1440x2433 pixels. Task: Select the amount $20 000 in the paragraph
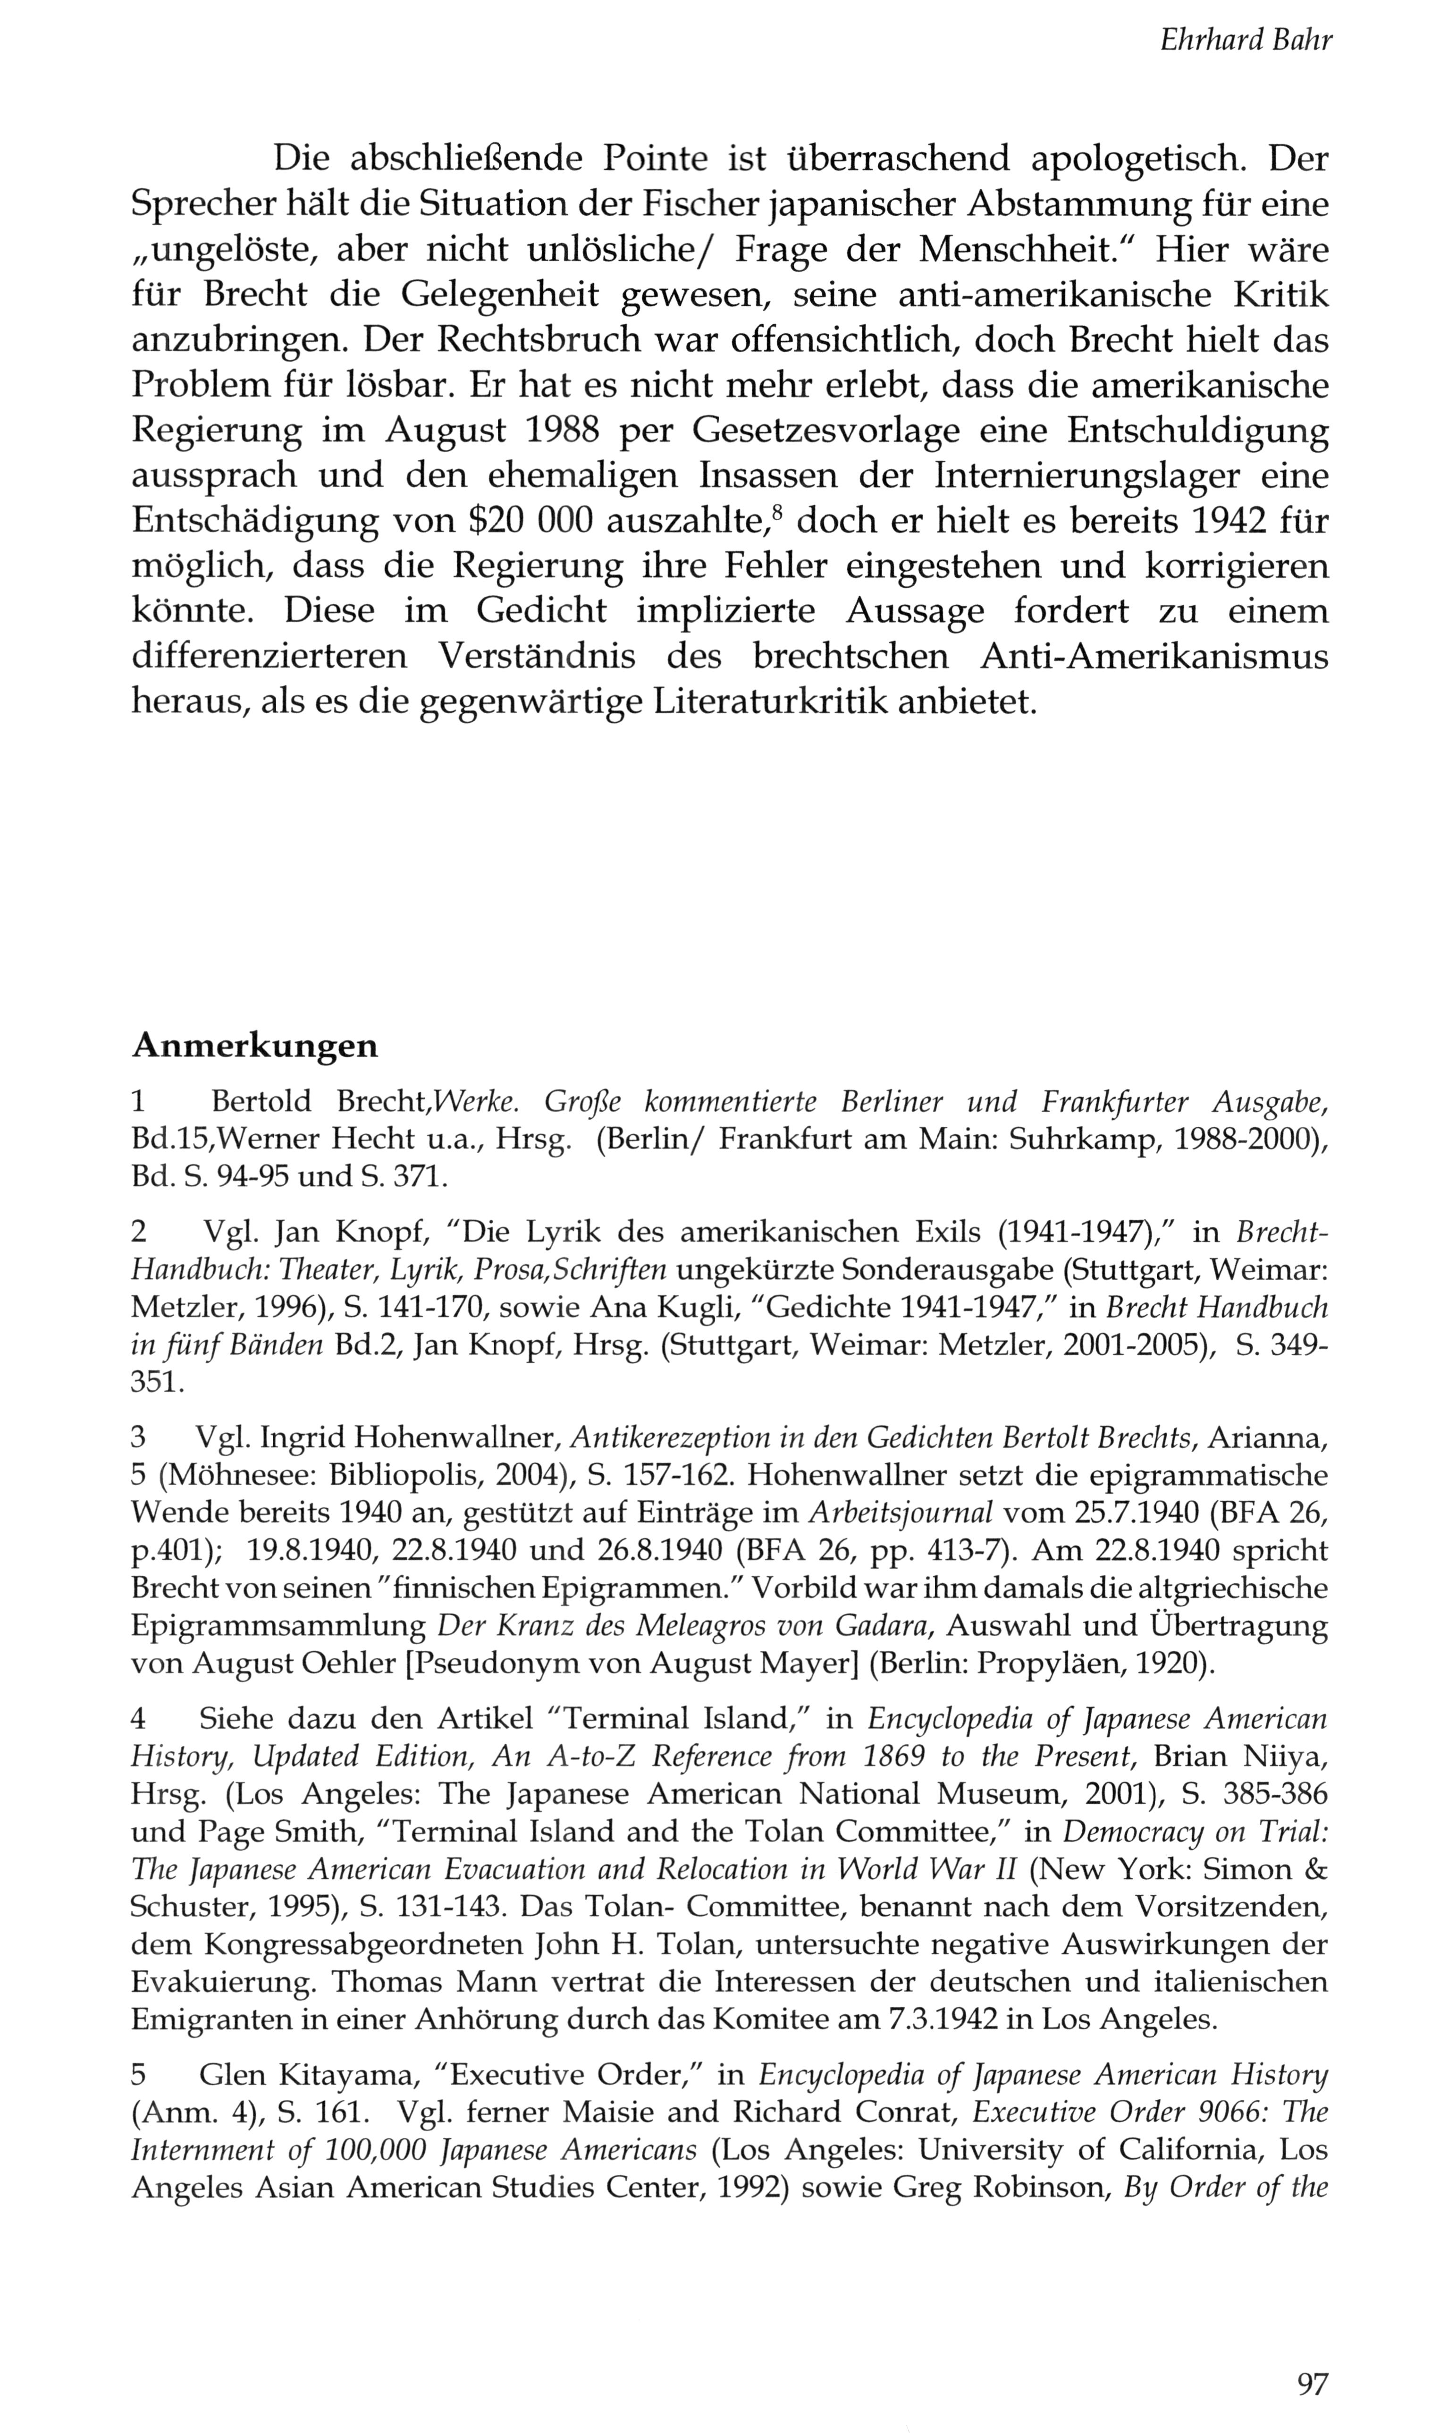[529, 521]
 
